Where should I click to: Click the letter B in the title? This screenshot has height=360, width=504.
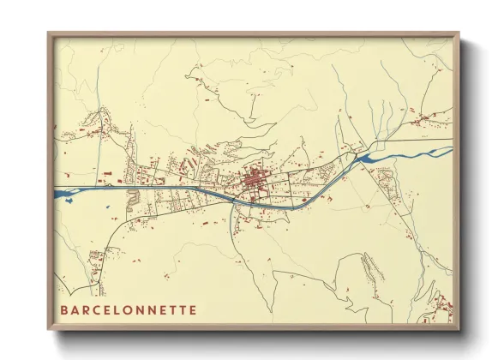pos(64,310)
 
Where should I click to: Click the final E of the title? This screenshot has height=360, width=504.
pos(193,310)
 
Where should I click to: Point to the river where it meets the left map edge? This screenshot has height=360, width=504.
pos(58,190)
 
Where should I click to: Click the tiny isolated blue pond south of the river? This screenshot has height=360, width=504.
pos(105,205)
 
